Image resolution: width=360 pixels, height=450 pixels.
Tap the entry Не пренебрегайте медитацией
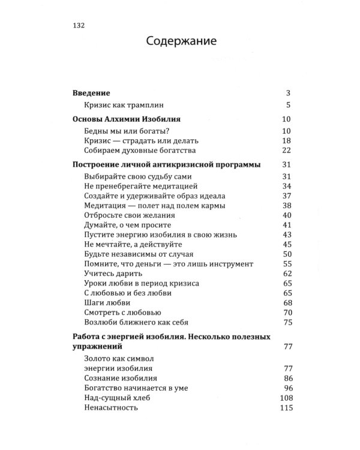coord(139,186)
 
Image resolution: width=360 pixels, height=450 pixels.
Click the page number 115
coord(284,407)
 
